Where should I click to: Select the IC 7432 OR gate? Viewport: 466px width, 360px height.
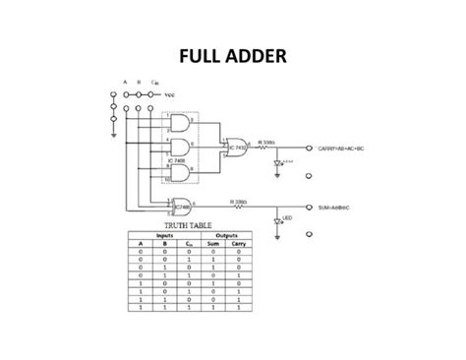(x=236, y=147)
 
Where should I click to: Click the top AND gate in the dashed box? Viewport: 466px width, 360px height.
(x=180, y=122)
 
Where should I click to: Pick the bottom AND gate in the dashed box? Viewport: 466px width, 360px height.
(x=180, y=172)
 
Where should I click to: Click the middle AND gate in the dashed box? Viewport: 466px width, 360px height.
(x=180, y=148)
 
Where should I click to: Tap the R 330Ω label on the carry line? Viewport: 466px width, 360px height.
(x=266, y=142)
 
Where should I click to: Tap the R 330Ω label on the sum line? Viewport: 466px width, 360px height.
(x=238, y=202)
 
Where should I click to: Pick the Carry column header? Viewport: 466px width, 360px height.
(x=239, y=244)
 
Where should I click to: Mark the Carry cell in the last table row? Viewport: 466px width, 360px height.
(x=239, y=309)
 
